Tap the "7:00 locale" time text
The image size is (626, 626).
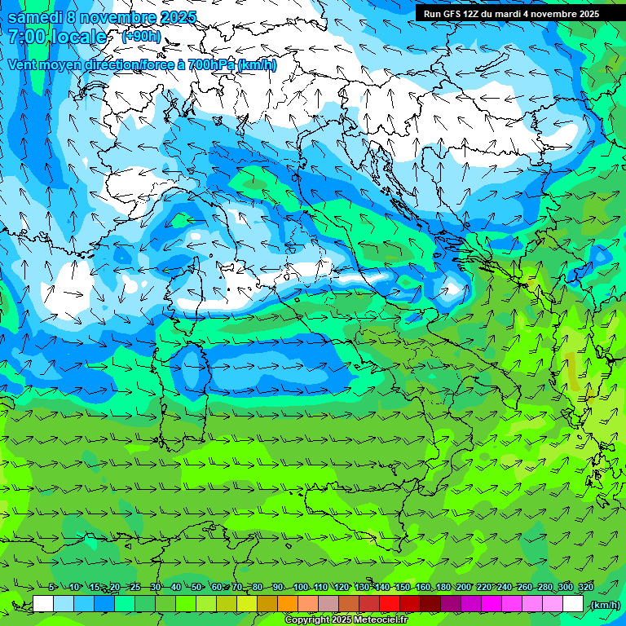[x=57, y=37]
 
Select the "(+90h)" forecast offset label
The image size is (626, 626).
[x=141, y=37]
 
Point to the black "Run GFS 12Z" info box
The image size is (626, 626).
[x=511, y=13]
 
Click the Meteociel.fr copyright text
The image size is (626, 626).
[x=346, y=619]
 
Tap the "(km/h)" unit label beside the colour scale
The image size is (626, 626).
[x=604, y=604]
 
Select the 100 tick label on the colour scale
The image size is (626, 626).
[x=301, y=587]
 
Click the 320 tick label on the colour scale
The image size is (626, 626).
[x=586, y=587]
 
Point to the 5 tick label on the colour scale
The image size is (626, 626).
[x=52, y=587]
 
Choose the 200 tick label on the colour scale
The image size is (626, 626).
[x=464, y=587]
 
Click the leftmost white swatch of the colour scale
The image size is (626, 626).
[x=43, y=604]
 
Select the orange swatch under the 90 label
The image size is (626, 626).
[x=288, y=604]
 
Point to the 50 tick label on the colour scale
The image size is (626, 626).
[x=197, y=587]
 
